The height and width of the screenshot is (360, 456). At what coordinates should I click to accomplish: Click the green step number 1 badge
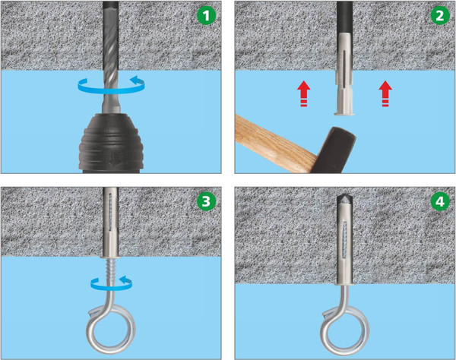pos(206,15)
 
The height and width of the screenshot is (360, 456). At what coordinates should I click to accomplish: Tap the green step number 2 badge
pos(440,15)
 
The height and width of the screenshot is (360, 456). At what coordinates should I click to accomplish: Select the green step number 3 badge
pos(206,201)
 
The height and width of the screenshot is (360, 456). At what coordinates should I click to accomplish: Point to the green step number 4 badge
pos(440,201)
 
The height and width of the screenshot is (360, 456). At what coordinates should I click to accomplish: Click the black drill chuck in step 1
pos(111,144)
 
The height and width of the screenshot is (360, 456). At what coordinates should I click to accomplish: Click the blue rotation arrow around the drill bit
pos(112,85)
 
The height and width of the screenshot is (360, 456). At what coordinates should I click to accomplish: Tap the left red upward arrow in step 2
pos(304,93)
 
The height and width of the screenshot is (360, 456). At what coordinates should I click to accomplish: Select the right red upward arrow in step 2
pos(385,93)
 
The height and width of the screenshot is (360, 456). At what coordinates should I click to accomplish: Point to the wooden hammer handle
pos(275,144)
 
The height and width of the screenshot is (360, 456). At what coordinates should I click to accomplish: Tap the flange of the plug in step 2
pos(344,114)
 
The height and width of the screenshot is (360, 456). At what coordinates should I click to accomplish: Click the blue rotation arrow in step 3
pos(111,283)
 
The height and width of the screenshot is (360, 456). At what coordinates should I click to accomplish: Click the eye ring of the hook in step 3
pos(111,328)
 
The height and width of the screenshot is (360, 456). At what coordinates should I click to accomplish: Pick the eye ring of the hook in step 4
pos(345,331)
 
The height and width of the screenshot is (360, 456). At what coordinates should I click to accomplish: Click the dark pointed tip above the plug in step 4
pos(344,199)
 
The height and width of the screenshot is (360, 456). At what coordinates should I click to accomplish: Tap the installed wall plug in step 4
pos(345,242)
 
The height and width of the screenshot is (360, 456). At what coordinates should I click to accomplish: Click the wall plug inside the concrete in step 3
pos(111,223)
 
